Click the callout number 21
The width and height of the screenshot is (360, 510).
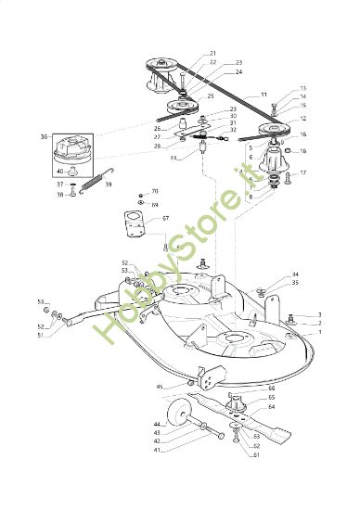point(212,53)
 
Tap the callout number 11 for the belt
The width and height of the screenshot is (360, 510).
point(264,96)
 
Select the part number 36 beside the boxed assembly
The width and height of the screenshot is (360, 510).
point(44,136)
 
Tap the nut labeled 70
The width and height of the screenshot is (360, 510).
point(137,194)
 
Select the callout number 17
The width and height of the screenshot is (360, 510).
point(302,173)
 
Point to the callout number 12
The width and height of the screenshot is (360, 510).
point(302,119)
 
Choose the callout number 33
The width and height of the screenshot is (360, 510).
point(174,158)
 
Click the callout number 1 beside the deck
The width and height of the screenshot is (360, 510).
point(320,331)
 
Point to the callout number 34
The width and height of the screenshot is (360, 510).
point(295,274)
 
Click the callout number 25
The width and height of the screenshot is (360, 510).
point(210,96)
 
